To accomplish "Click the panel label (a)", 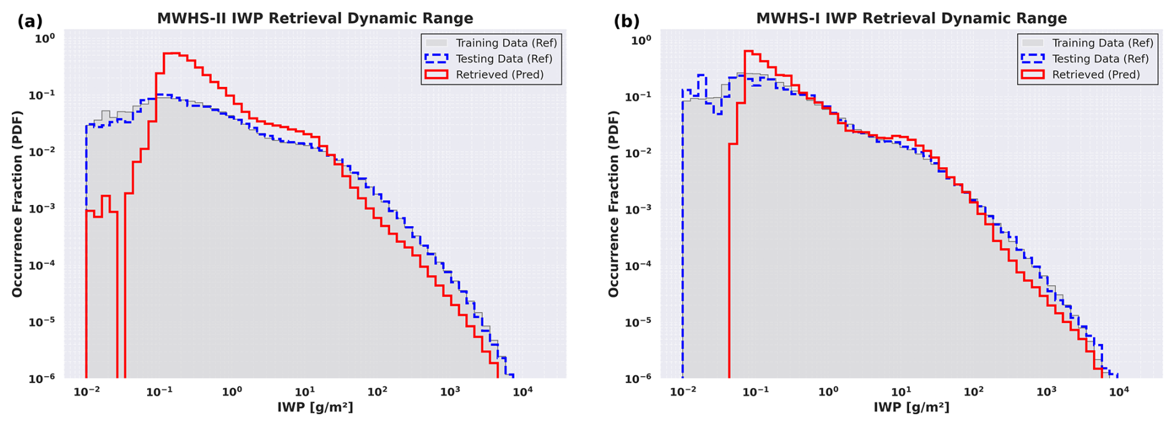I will (30, 21).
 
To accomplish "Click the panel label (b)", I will (626, 21).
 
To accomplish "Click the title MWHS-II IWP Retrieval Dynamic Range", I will (315, 19).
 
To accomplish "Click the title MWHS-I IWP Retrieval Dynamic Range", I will (911, 19).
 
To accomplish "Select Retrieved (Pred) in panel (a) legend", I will (499, 75).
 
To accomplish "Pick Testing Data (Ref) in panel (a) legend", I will (504, 59).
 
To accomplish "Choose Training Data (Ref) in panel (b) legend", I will (1102, 43).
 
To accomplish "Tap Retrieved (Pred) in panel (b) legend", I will (1096, 75).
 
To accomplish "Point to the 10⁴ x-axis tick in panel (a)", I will (522, 392).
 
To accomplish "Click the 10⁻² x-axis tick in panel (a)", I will (86, 392).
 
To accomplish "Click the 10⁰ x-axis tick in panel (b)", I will (828, 392).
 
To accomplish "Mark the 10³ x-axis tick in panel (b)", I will (1046, 392).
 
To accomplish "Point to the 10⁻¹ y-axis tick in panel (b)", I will (642, 96).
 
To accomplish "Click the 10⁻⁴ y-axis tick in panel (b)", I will (642, 266).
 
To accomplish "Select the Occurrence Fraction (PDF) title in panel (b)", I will (614, 204).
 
